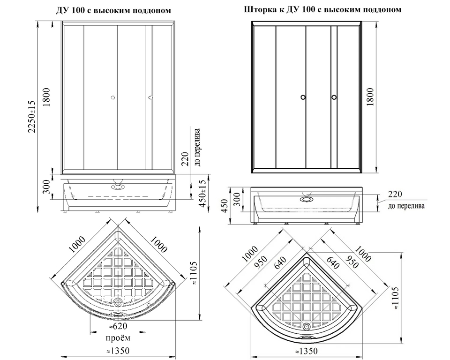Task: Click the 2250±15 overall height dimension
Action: (31, 117)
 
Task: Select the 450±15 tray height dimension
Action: (202, 194)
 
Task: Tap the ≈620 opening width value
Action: (118, 327)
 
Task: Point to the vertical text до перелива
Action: (196, 147)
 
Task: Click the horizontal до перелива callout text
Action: (406, 206)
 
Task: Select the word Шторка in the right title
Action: (257, 10)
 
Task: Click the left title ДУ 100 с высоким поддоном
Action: (113, 11)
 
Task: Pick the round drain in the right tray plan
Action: (306, 326)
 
